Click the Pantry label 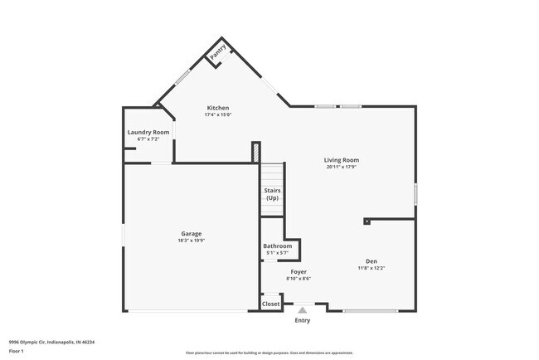[x=217, y=52]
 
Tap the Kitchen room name [x=217, y=108]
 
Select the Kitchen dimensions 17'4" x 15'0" [x=217, y=115]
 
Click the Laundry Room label [x=148, y=132]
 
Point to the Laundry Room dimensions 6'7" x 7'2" [x=148, y=139]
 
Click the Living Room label [x=342, y=160]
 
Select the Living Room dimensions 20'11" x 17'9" [x=342, y=167]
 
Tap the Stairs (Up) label [x=272, y=194]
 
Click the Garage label [x=192, y=233]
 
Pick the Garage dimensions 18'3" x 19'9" [x=192, y=241]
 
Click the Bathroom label [x=278, y=246]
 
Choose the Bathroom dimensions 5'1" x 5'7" [x=278, y=252]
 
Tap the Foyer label [x=299, y=271]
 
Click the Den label [x=371, y=260]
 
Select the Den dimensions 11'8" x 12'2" [x=371, y=268]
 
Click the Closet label [x=271, y=304]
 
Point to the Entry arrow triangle [x=303, y=310]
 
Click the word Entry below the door [x=303, y=320]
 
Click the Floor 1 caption [x=17, y=351]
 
